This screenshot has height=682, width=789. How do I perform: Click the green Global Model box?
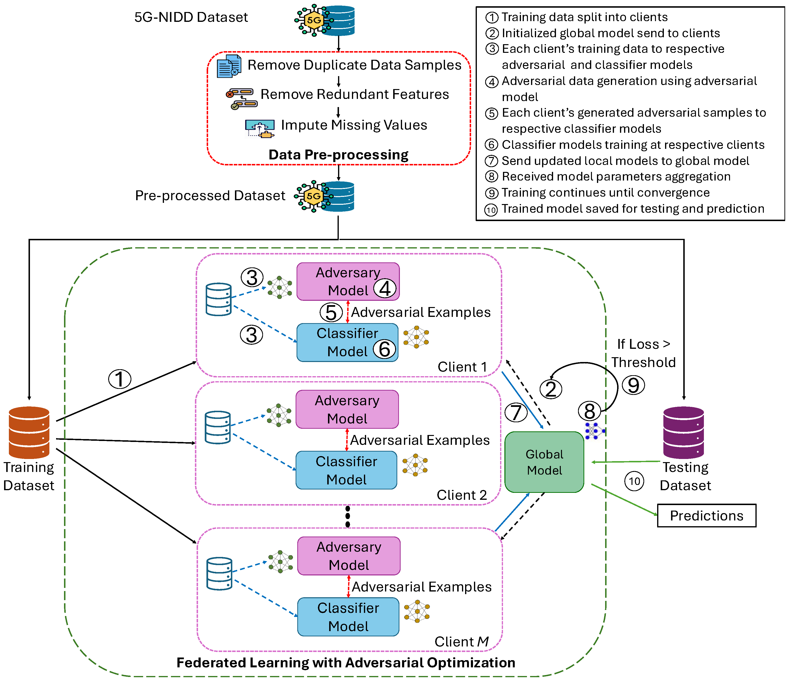(544, 462)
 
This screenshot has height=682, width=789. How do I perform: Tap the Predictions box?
(707, 516)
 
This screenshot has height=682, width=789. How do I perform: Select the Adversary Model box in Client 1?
(348, 281)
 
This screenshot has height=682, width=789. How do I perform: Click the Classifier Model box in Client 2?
(346, 470)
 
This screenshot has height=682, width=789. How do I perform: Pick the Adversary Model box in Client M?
(349, 556)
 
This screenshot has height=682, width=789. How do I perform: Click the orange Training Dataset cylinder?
(29, 432)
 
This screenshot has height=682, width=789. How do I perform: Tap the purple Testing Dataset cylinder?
(684, 432)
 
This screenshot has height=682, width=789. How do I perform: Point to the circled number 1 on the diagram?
(120, 379)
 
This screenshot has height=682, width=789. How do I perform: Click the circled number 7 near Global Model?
(516, 412)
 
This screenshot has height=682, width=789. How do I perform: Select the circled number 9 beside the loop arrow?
(633, 385)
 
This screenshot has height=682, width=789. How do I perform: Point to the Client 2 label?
(462, 495)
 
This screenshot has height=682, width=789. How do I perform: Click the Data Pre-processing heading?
(339, 155)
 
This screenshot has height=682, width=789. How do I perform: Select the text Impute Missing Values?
(354, 125)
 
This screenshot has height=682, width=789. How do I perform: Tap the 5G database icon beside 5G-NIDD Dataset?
(324, 20)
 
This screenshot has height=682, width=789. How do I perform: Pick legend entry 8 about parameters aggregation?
(608, 176)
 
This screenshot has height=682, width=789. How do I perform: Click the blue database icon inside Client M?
(219, 574)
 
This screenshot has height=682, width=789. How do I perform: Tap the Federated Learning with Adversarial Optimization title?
(346, 663)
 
